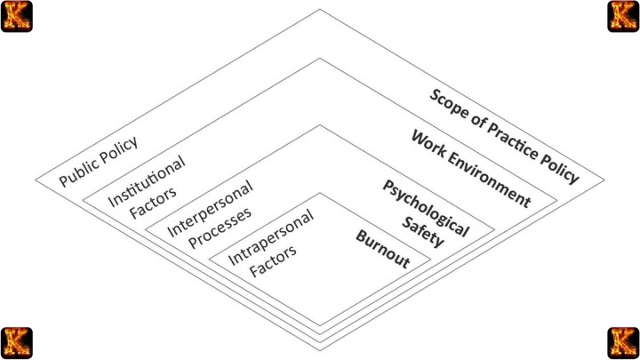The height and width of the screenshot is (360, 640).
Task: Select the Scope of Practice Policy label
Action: [x=503, y=135]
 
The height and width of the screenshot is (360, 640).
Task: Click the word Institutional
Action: [x=147, y=180]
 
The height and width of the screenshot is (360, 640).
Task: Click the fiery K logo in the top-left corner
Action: [x=16, y=16]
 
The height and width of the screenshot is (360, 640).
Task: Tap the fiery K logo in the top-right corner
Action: [x=623, y=16]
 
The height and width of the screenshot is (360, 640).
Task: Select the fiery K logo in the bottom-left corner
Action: [x=16, y=343]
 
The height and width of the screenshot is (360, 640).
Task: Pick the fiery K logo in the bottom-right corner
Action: [x=623, y=343]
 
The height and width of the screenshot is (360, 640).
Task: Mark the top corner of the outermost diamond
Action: [x=320, y=9]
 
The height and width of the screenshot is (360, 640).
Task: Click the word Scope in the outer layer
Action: [x=448, y=106]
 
